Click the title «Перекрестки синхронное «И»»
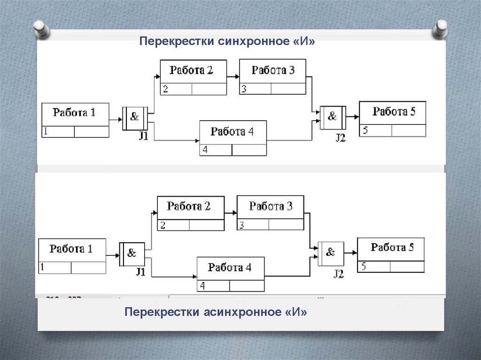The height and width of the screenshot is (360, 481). (x=226, y=42)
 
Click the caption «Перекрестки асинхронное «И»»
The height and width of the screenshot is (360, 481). (x=216, y=312)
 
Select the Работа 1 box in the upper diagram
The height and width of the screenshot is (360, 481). (x=75, y=120)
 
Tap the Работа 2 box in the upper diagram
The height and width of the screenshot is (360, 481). (x=193, y=77)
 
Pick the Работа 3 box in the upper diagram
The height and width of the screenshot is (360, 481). (x=272, y=77)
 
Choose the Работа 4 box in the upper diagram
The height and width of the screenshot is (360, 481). (x=233, y=138)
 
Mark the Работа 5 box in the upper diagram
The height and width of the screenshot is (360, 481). (x=393, y=119)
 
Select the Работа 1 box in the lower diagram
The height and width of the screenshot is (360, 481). (x=72, y=256)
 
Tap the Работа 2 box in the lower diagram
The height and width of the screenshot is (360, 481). (x=190, y=213)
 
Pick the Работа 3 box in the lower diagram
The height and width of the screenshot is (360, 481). (x=270, y=213)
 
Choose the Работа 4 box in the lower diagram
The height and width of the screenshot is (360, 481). (x=230, y=274)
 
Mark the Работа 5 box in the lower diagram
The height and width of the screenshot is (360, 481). (x=391, y=255)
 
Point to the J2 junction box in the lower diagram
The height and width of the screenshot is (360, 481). (x=330, y=253)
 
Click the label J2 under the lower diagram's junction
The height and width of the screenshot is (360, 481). (x=339, y=274)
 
